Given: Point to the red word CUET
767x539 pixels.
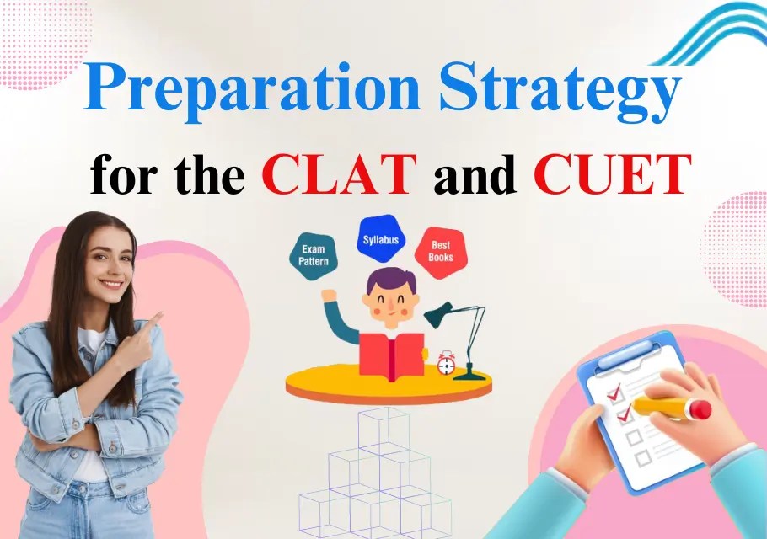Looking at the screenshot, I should pyautogui.click(x=613, y=174).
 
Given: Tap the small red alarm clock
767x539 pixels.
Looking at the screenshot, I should pyautogui.click(x=447, y=363).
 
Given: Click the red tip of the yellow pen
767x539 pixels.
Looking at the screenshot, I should pyautogui.click(x=700, y=410).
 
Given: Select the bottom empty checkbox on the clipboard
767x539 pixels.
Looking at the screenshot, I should pyautogui.click(x=643, y=458).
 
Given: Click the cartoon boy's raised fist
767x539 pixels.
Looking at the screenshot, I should pyautogui.click(x=329, y=296).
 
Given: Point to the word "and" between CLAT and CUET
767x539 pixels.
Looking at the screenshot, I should pyautogui.click(x=475, y=174).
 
